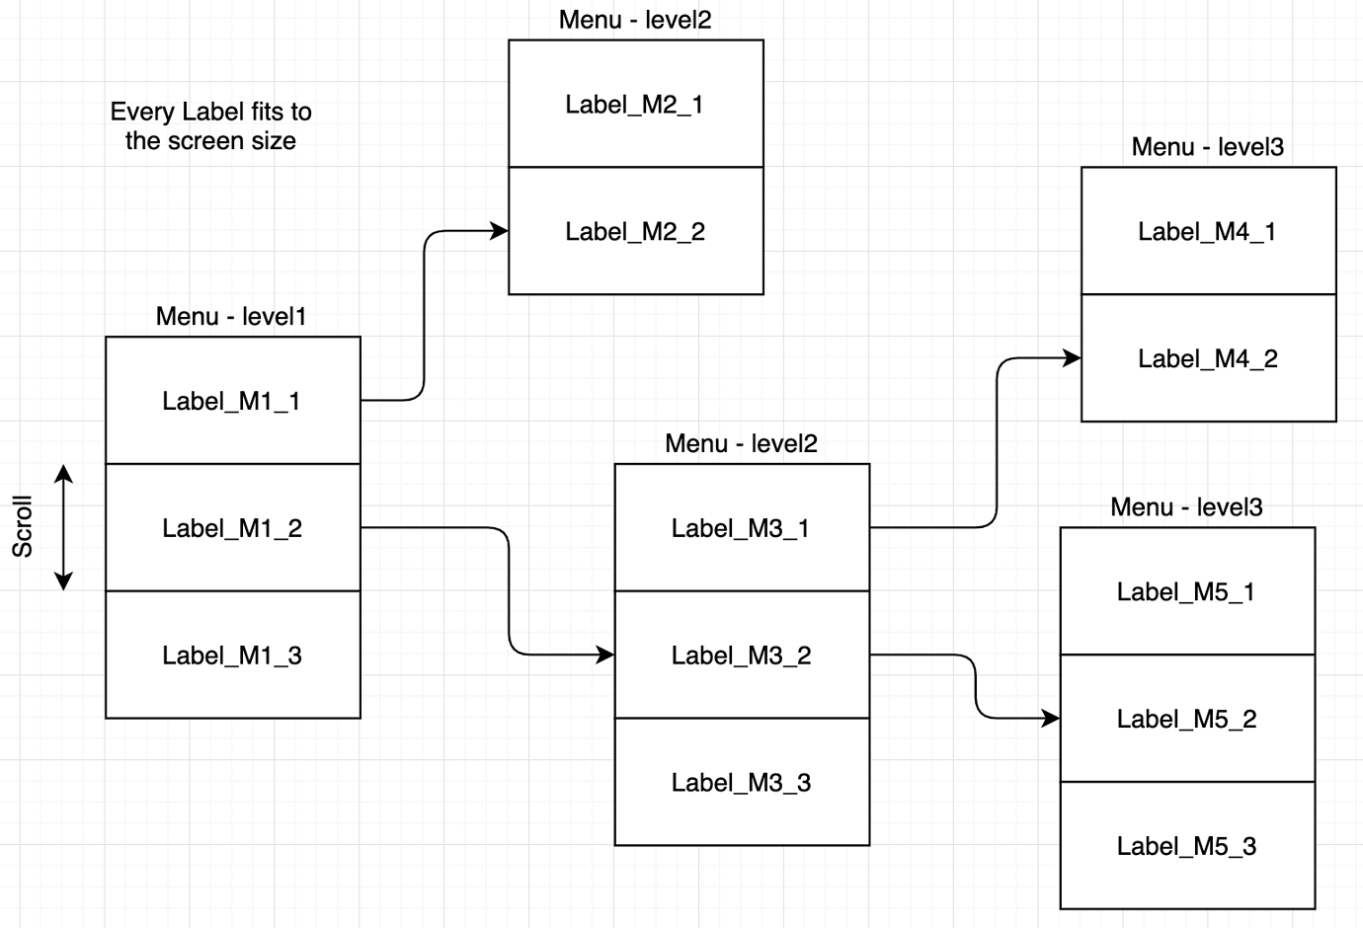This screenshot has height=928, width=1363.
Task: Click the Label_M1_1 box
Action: (232, 401)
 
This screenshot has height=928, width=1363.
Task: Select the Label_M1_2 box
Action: (232, 528)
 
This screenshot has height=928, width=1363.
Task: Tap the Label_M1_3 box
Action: (232, 656)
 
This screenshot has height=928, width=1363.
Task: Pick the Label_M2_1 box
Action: (635, 105)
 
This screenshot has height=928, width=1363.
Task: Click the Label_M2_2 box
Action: (635, 232)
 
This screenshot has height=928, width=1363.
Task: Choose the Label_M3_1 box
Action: (741, 528)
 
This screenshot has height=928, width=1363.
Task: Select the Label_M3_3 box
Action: (741, 783)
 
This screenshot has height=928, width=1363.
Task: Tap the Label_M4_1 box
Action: (1208, 232)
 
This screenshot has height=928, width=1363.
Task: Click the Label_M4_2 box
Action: (1208, 359)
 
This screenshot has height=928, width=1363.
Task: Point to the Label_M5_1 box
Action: (1186, 592)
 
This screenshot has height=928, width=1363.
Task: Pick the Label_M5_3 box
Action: (1186, 846)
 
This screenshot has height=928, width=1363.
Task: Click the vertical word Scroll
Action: (22, 526)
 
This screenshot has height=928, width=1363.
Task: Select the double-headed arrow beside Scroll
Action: (64, 527)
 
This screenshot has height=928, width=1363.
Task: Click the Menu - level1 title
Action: (231, 317)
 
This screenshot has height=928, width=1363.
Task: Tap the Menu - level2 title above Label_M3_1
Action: (741, 444)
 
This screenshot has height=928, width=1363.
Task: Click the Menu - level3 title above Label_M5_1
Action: (1186, 507)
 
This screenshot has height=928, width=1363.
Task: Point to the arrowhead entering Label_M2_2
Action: (501, 231)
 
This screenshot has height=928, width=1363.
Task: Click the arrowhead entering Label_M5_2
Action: (1052, 719)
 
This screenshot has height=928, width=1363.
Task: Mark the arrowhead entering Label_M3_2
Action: (606, 655)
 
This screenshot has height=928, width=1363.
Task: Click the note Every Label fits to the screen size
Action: (210, 126)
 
